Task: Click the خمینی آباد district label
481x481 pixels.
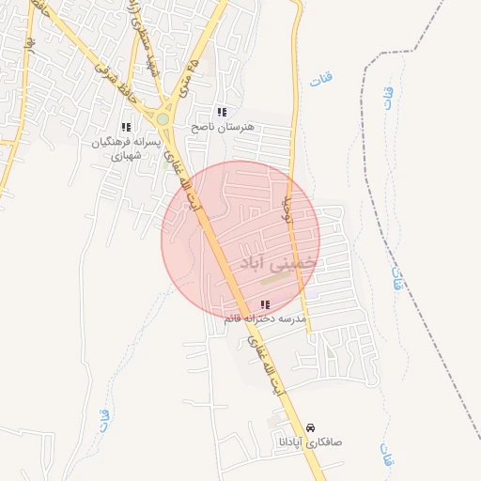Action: click(279, 261)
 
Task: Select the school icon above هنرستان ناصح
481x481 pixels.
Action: click(222, 112)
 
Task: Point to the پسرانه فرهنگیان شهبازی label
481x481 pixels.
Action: click(122, 148)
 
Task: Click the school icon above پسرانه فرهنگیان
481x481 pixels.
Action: click(125, 128)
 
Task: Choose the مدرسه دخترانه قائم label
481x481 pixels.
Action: click(265, 319)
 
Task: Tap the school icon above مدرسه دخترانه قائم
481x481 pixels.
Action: click(264, 304)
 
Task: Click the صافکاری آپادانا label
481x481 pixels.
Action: click(311, 441)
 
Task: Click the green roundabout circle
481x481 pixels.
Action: click(163, 119)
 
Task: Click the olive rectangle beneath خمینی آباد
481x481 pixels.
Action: click(275, 278)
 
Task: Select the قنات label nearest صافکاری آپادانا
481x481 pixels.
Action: click(385, 457)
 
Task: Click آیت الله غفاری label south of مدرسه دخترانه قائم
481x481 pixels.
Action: click(266, 357)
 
